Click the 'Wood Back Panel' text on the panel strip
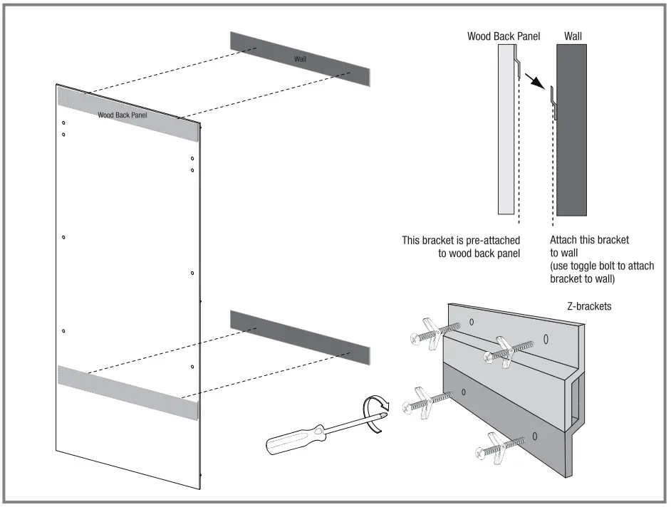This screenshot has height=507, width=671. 123,114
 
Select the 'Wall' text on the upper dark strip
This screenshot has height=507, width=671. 301,58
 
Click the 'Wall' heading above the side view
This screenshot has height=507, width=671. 572,35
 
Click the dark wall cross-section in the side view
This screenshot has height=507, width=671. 572,128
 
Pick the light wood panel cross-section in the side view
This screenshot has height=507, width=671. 504,128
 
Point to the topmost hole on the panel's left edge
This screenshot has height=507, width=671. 63,122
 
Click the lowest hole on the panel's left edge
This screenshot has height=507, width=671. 64,331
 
